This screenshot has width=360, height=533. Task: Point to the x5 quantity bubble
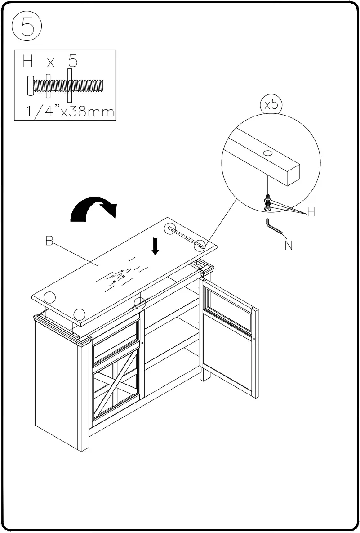coord(271,106)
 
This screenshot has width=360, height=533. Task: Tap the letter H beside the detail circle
coord(311,212)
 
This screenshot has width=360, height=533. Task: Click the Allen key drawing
coord(273,227)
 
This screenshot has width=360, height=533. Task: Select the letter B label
coord(50,241)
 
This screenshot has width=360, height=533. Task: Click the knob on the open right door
coord(254,339)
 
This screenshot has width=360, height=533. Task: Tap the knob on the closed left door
coord(142,343)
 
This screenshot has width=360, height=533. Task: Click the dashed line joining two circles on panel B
coord(184,237)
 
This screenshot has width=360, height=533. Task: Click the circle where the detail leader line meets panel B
coord(200,246)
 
